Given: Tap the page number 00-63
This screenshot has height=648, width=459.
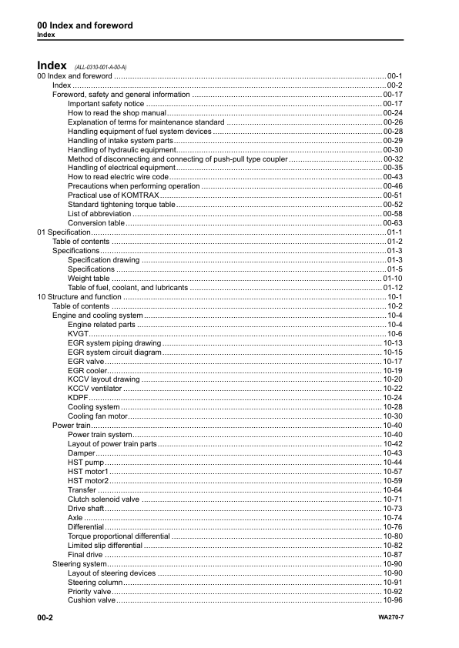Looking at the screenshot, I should [393, 222].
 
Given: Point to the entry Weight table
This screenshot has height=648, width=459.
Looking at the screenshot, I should [89, 278].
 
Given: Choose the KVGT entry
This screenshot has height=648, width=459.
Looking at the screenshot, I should [78, 333].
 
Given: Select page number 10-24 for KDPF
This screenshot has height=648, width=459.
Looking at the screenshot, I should [393, 398].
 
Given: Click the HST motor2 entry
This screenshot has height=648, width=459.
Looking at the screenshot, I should [88, 481].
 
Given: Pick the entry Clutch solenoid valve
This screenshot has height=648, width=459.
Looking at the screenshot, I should [103, 499].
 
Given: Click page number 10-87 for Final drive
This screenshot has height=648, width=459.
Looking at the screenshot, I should [393, 554].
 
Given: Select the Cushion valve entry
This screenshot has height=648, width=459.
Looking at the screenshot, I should [91, 600].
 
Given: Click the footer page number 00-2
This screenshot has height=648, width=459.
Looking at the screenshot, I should [45, 619].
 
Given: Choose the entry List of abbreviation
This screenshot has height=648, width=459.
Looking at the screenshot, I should [99, 213].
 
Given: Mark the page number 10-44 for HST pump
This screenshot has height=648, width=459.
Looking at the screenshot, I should [393, 463].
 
